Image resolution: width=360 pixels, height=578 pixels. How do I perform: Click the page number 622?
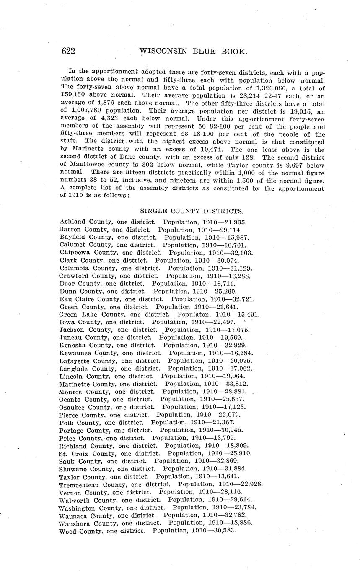pyautogui.click(x=68, y=51)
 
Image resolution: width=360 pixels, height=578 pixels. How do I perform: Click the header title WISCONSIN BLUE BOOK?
pyautogui.click(x=193, y=51)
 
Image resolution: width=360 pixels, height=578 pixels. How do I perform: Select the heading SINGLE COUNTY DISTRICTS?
pyautogui.click(x=192, y=211)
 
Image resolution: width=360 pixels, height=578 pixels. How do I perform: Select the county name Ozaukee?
pyautogui.click(x=75, y=407)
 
